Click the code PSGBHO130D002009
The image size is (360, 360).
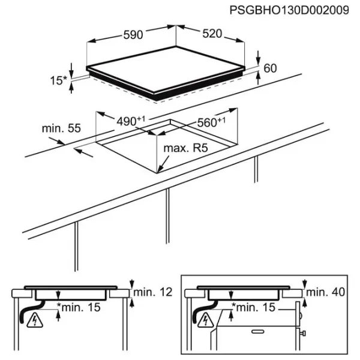pyautogui.click(x=289, y=10)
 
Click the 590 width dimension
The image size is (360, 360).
pyautogui.click(x=133, y=35)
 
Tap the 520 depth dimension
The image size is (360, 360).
pyautogui.click(x=212, y=34)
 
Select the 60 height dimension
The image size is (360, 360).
pyautogui.click(x=270, y=68)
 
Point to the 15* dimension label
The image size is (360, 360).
pyautogui.click(x=58, y=80)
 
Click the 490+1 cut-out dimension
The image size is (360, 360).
pyautogui.click(x=131, y=121)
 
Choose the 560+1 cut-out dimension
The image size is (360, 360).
pyautogui.click(x=211, y=122)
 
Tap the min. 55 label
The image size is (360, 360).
pyautogui.click(x=61, y=128)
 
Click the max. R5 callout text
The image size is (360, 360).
pyautogui.click(x=185, y=148)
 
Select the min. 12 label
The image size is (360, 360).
pyautogui.click(x=152, y=292)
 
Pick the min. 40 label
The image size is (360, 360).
pyautogui.click(x=326, y=292)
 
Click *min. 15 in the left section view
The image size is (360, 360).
pyautogui.click(x=79, y=307)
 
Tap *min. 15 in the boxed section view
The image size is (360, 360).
pyautogui.click(x=253, y=307)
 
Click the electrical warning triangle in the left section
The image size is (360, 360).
pyautogui.click(x=35, y=320)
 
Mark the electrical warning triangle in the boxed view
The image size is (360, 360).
pyautogui.click(x=206, y=320)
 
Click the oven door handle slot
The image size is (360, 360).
pyautogui.click(x=258, y=332)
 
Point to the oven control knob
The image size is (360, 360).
pyautogui.click(x=303, y=333)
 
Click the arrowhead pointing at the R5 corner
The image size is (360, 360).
pyautogui.click(x=160, y=169)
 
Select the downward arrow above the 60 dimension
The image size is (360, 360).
pyautogui.click(x=258, y=58)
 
